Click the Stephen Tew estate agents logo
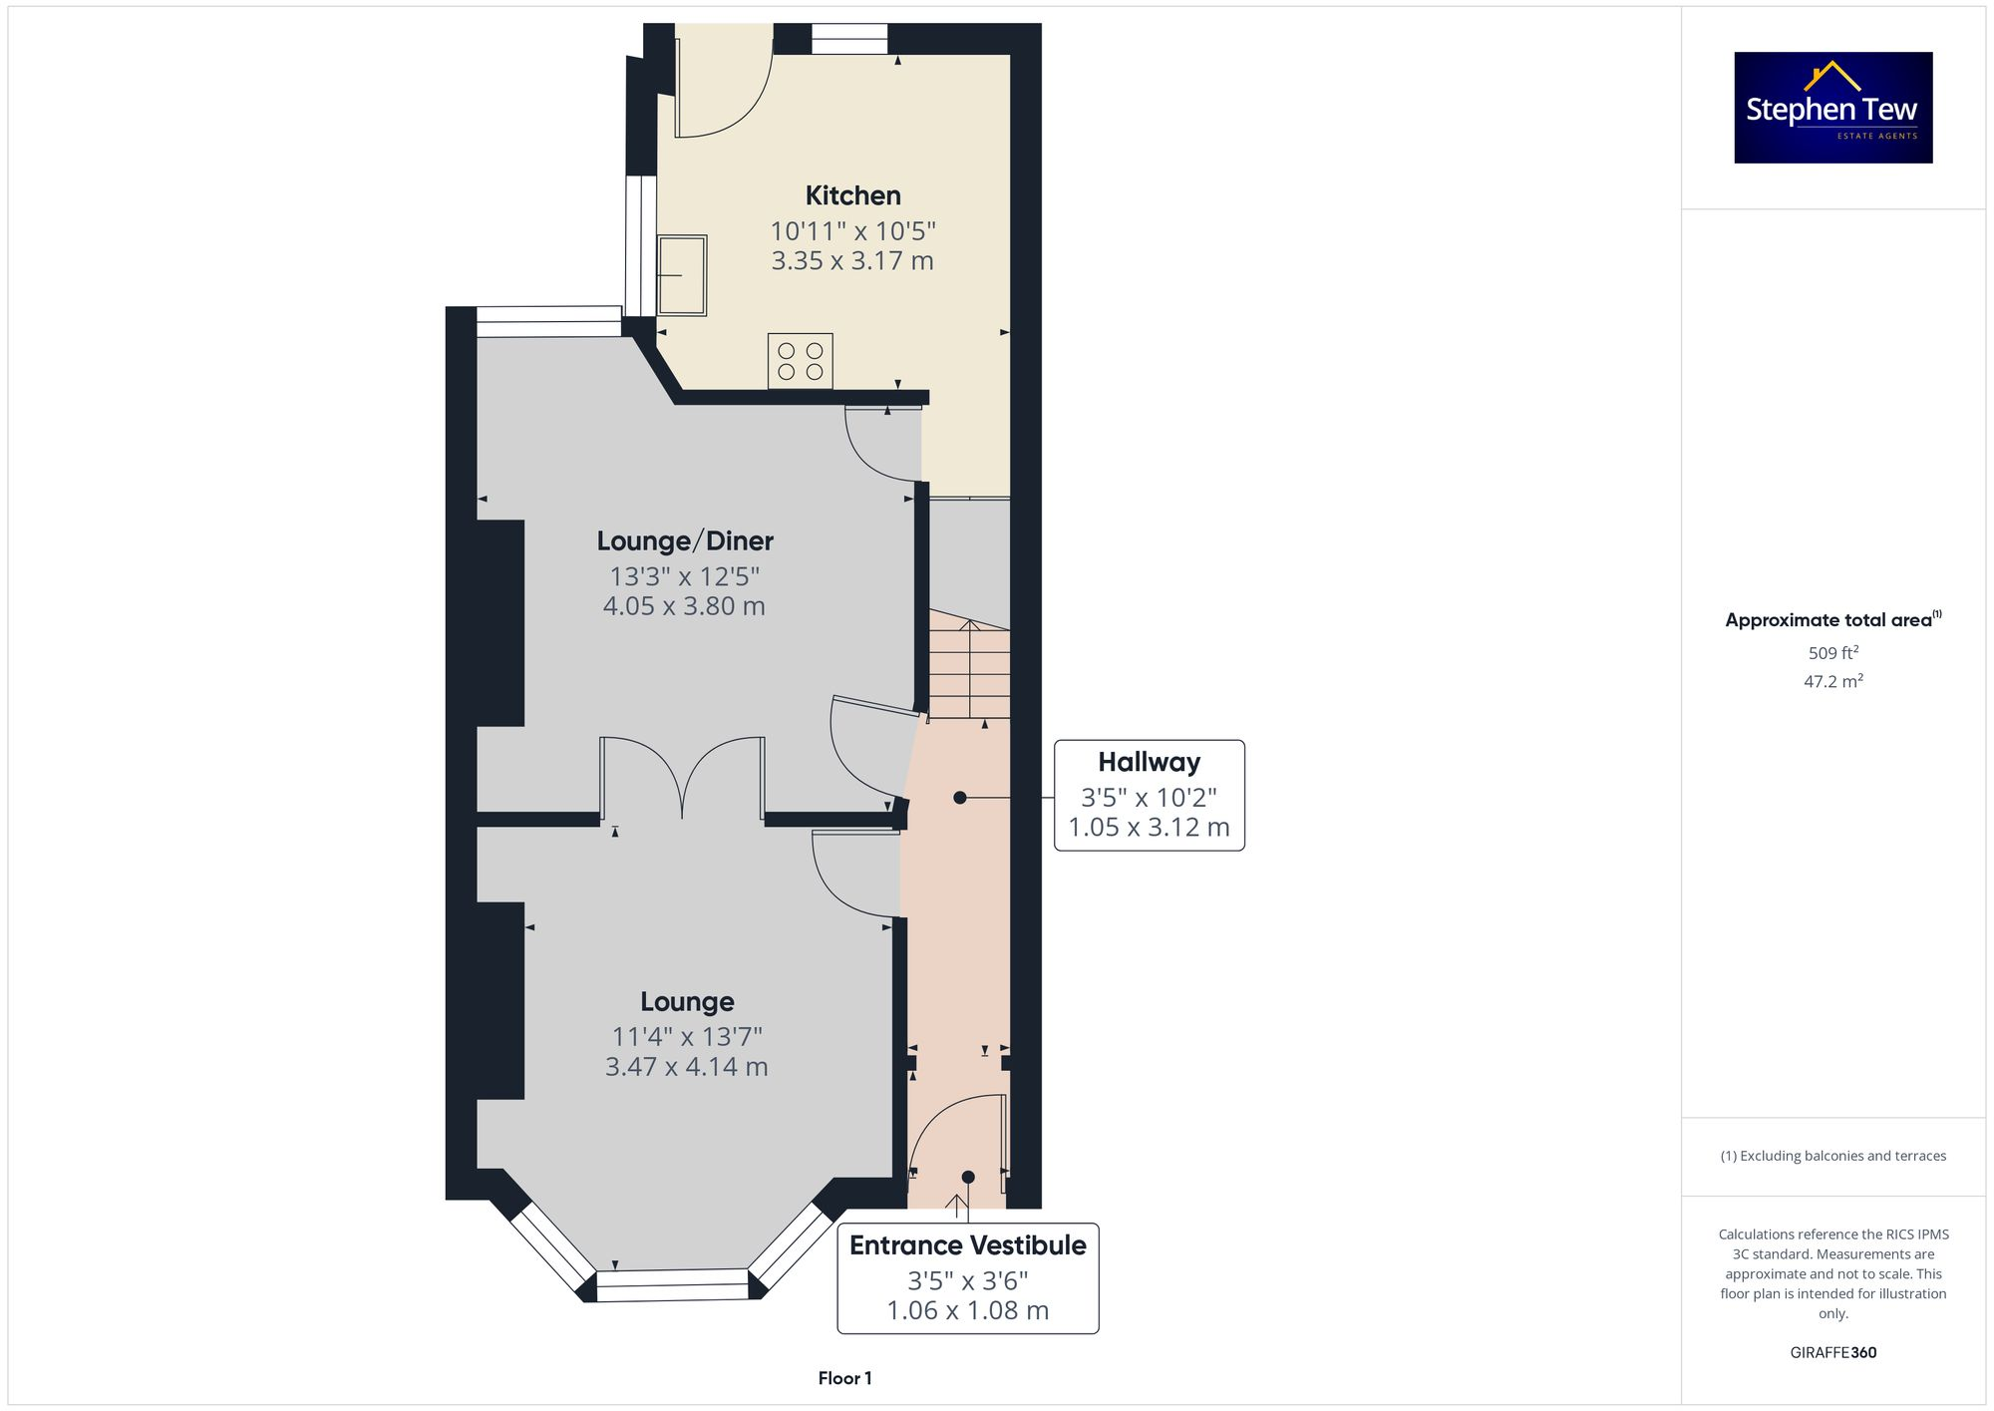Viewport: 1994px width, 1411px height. click(x=1832, y=108)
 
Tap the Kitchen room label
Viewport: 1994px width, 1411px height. click(x=852, y=195)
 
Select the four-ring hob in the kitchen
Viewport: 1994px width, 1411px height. click(x=800, y=361)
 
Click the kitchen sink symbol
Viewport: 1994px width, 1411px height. click(x=682, y=275)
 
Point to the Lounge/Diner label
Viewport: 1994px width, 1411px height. click(x=685, y=541)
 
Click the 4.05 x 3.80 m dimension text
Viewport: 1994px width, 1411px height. click(x=684, y=606)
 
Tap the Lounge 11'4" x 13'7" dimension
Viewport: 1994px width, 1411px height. click(x=687, y=1037)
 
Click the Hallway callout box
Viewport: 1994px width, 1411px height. click(x=1149, y=795)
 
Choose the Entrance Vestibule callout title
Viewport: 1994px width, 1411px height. click(x=967, y=1245)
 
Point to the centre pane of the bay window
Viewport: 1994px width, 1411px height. click(x=672, y=1284)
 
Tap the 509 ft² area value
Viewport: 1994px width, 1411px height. click(x=1832, y=653)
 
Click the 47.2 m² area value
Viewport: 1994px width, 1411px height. click(x=1832, y=682)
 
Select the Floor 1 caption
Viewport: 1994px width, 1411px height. click(x=844, y=1378)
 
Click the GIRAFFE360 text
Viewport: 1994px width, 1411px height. click(x=1832, y=1353)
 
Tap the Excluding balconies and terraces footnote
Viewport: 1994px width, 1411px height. click(x=1832, y=1156)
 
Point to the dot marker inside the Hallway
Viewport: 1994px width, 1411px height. click(x=959, y=798)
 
